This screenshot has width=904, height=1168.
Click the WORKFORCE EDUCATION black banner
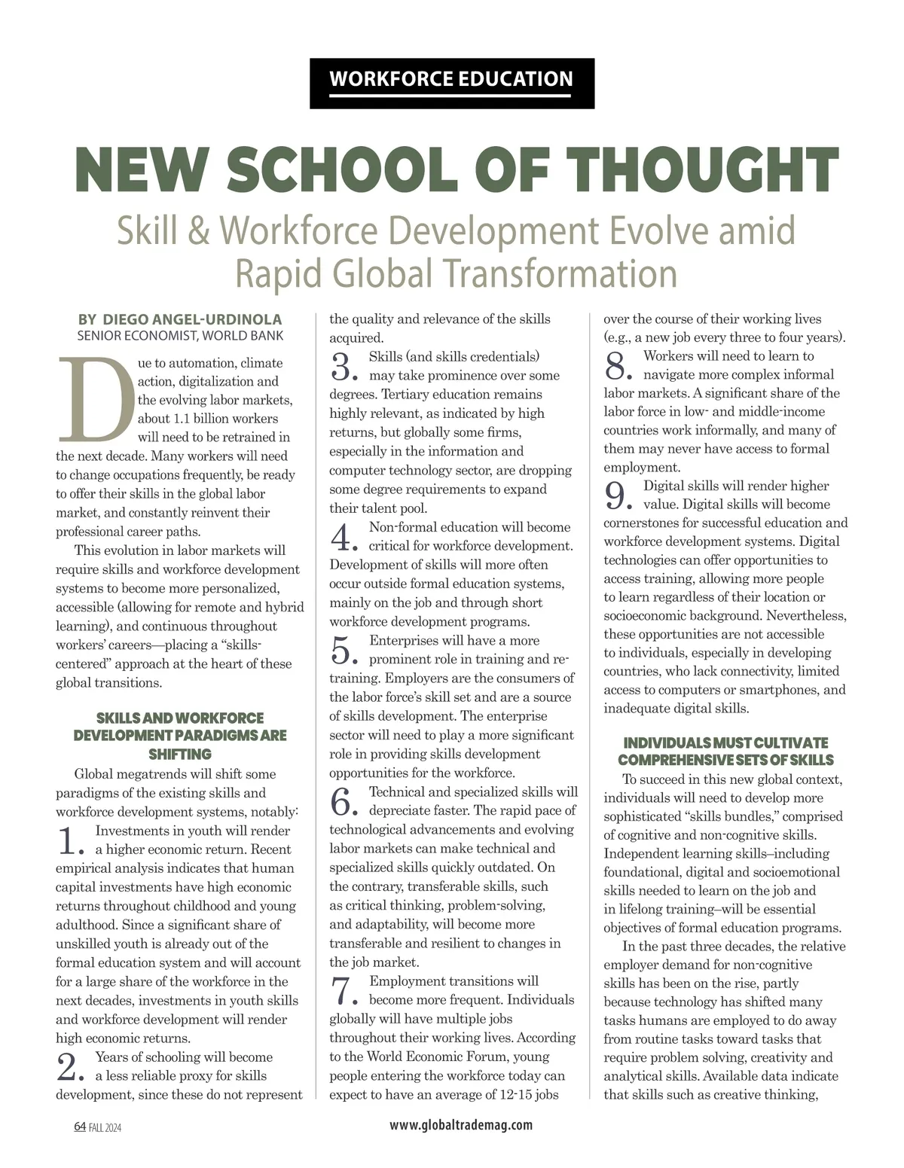[x=451, y=80]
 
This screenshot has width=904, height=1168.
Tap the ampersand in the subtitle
[x=198, y=231]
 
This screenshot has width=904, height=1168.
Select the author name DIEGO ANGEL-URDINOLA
[x=191, y=319]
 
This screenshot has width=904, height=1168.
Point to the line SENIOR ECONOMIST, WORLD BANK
[x=181, y=336]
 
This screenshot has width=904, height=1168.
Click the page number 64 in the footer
[x=80, y=1127]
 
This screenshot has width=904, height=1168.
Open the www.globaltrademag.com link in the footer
[x=461, y=1125]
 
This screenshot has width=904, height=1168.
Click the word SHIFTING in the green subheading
[x=180, y=754]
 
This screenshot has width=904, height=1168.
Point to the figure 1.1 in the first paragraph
[x=182, y=419]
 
